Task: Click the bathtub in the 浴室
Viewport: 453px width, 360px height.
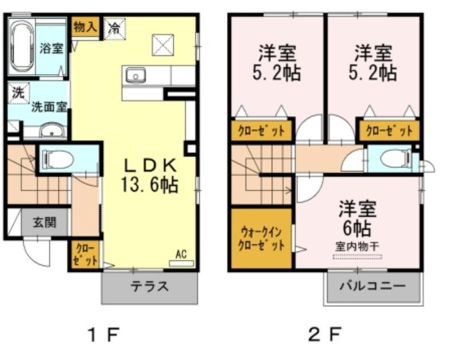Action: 22,48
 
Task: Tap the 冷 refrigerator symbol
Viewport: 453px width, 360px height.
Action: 115,28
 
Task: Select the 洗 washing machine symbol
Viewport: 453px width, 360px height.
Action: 19,93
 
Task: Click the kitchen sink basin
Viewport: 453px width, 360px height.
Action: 135,76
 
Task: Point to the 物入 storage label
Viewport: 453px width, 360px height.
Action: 85,27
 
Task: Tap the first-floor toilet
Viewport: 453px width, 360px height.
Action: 58,160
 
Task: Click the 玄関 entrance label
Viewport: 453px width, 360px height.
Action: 44,222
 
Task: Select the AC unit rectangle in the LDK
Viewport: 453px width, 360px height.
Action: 181,263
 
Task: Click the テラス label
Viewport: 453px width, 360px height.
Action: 149,286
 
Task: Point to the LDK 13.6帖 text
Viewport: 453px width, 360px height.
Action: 149,175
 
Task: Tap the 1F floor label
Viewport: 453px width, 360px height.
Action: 104,335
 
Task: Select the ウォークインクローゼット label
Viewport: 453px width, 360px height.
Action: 262,238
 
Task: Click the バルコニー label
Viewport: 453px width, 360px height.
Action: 373,286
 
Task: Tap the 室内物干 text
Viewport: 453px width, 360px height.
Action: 357,247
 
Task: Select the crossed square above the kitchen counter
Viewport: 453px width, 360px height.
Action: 163,45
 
